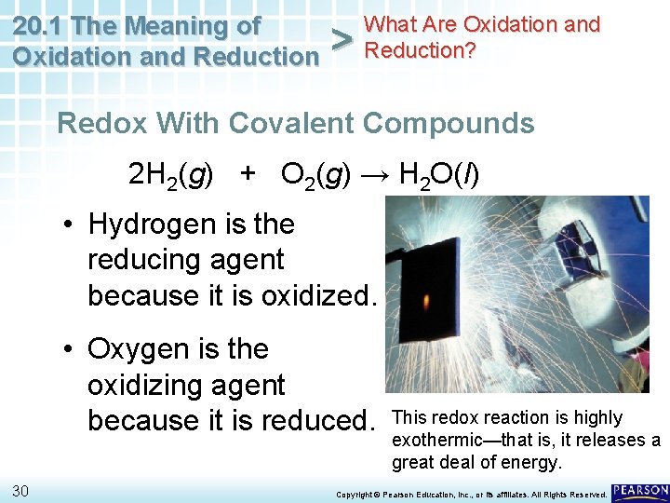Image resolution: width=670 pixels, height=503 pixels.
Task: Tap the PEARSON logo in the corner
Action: tap(640, 491)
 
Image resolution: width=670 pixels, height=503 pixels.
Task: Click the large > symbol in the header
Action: tap(342, 40)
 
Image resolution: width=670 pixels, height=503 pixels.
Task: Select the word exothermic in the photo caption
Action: tap(436, 440)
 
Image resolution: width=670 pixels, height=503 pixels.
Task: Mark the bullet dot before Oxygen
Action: tap(69, 350)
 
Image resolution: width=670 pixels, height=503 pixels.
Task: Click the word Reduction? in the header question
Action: tap(420, 49)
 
